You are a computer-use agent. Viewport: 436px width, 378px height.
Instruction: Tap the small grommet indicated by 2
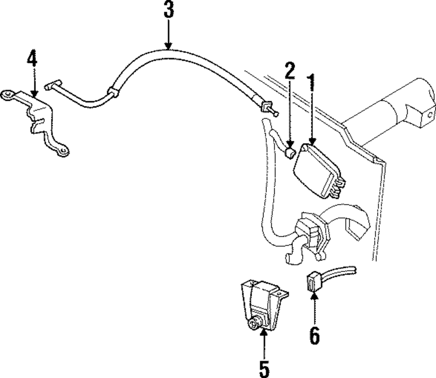click(290, 153)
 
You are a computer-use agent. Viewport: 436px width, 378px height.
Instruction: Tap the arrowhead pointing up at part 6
click(314, 298)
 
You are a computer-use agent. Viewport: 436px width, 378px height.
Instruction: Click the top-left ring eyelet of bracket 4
click(8, 95)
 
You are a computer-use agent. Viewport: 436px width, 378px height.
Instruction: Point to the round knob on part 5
click(252, 325)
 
